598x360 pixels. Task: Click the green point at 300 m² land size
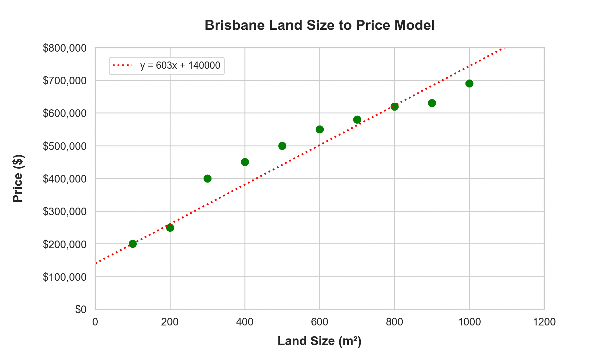[x=207, y=178]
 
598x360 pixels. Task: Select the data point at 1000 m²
[x=469, y=84]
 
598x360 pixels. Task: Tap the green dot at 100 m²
[x=133, y=244]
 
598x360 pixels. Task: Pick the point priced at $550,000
[x=320, y=129]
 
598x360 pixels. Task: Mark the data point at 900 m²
[x=432, y=103]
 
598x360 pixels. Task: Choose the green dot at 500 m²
[x=282, y=146]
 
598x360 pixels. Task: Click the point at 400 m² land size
[x=245, y=162]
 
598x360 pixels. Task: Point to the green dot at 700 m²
[x=357, y=119]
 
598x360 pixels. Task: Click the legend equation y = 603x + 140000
[x=180, y=66]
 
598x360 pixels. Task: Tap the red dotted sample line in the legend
[x=122, y=66]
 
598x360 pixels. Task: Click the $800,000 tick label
[x=65, y=48]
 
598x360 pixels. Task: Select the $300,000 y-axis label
[x=65, y=211]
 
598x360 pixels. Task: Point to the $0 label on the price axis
[x=81, y=310]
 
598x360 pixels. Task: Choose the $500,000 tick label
[x=65, y=146]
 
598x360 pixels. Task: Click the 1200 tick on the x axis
[x=544, y=322]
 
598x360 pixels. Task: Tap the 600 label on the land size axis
[x=320, y=322]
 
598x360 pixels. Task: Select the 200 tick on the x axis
[x=170, y=322]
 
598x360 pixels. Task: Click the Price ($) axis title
[x=18, y=178]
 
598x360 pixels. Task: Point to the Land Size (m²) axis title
[x=320, y=341]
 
